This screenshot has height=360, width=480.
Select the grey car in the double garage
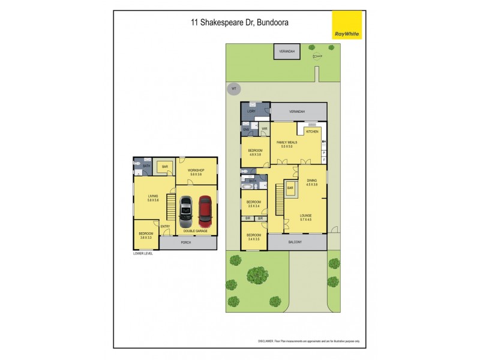click(x=185, y=212)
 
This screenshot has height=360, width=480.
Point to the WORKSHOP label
click(x=196, y=170)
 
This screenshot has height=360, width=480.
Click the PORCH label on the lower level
click(x=186, y=243)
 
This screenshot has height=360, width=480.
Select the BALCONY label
click(x=295, y=242)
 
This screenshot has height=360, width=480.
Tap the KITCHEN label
click(x=313, y=131)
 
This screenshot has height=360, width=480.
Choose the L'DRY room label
click(x=252, y=112)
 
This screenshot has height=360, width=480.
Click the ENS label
click(x=246, y=129)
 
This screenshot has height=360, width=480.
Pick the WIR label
click(x=264, y=129)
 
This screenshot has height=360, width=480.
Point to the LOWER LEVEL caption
click(x=143, y=253)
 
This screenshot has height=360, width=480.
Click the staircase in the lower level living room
click(x=171, y=212)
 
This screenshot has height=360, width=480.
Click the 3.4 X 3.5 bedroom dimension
click(x=254, y=239)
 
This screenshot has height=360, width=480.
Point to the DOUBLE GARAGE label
click(x=196, y=231)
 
